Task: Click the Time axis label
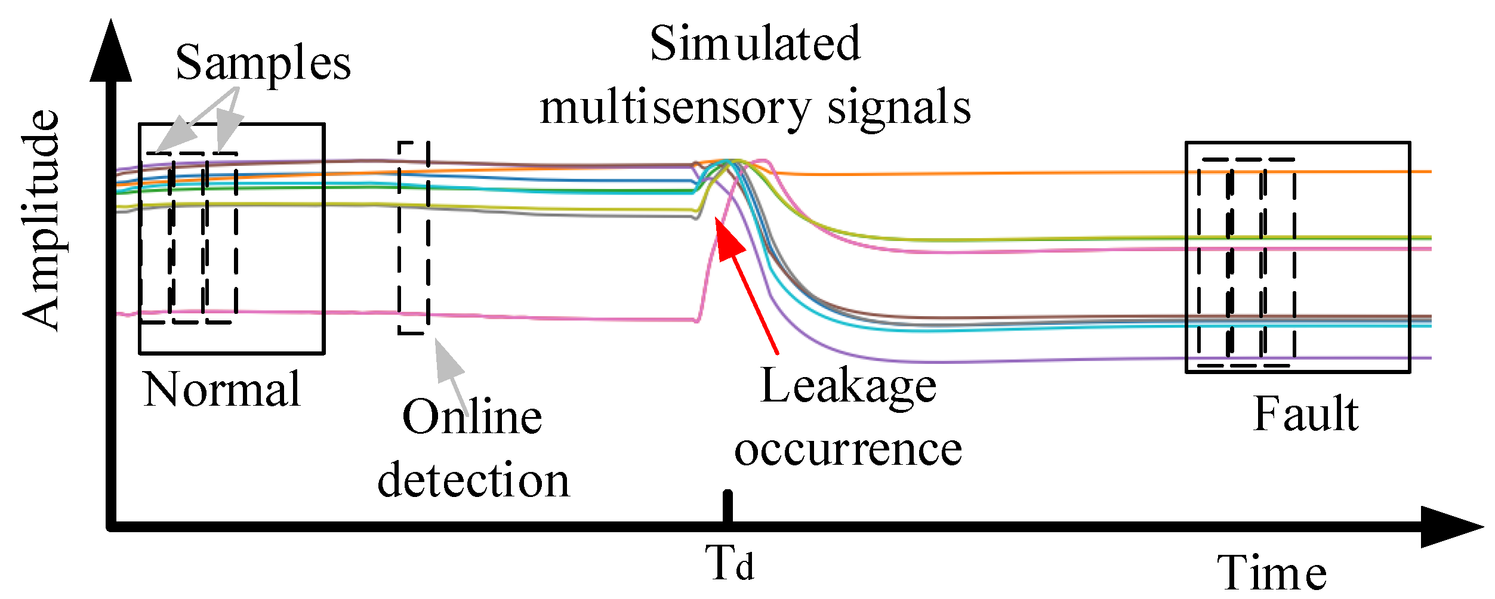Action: click(1271, 573)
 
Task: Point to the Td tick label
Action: click(729, 562)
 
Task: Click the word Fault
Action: click(1306, 413)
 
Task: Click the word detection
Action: click(473, 480)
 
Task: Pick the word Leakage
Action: click(848, 387)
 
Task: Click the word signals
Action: click(899, 107)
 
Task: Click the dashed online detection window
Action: click(414, 238)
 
